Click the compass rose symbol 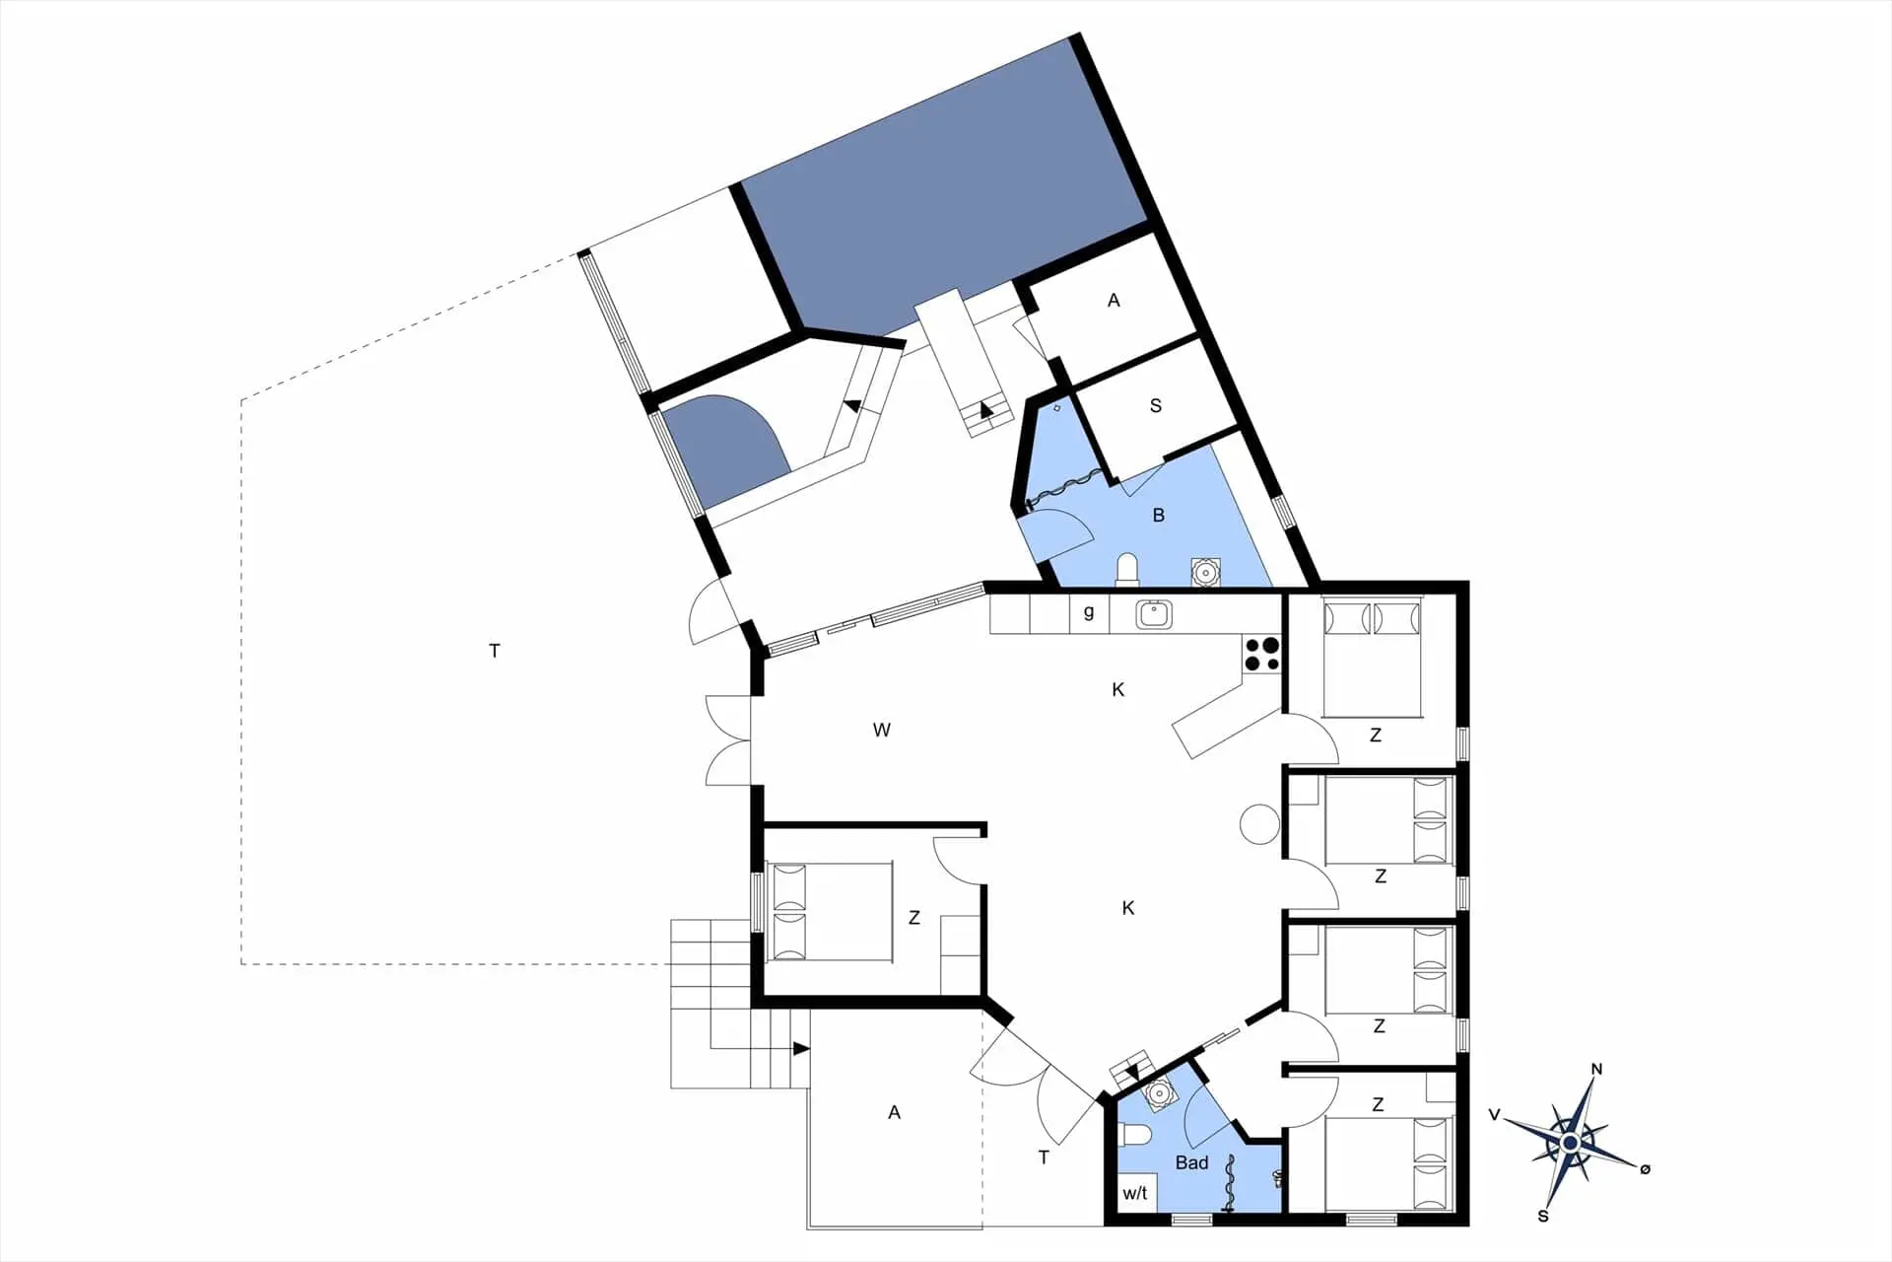point(1570,1143)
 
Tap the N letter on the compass point(1596,1070)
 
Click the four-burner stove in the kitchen point(1261,655)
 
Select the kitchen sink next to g point(1153,614)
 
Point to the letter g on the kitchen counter point(1089,612)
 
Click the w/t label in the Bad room point(1135,1193)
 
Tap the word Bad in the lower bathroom point(1191,1163)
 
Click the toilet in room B point(1127,570)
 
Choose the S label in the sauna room point(1156,405)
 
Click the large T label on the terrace point(495,651)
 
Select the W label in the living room point(882,731)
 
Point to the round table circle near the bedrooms point(1259,824)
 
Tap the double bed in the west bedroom point(833,912)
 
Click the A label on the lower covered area point(894,1113)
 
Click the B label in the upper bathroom point(1159,515)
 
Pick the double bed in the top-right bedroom point(1372,658)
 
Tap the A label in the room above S point(1114,301)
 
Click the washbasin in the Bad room point(1159,1094)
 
